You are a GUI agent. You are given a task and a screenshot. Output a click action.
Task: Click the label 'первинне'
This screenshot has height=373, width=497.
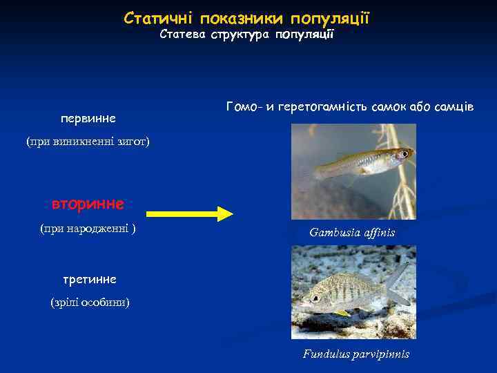[88, 118]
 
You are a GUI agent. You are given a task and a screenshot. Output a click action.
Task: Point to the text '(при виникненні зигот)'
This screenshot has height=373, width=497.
[88, 142]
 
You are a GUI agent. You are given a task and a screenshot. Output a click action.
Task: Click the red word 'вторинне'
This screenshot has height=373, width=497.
[88, 204]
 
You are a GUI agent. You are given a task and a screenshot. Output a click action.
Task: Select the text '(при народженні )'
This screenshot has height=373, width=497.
[88, 228]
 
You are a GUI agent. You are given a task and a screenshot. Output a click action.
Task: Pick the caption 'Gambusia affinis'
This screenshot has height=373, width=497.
[352, 232]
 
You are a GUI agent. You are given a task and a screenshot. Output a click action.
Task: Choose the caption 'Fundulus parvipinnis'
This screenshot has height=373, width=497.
[355, 354]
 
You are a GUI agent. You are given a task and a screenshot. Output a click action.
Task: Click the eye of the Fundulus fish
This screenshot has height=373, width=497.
[315, 299]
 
